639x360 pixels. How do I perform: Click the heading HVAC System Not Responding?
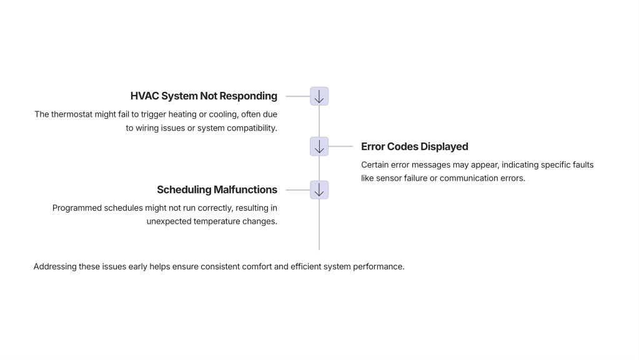(x=204, y=96)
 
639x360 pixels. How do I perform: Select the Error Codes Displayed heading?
(x=415, y=147)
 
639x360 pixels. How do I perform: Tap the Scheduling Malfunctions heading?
(x=217, y=190)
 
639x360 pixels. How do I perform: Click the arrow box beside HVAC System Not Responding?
(x=319, y=96)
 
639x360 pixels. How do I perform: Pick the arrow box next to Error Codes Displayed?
(x=319, y=146)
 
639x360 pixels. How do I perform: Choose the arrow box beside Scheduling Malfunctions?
(x=319, y=190)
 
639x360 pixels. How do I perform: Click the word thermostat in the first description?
(x=72, y=114)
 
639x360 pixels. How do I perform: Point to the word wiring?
(x=147, y=128)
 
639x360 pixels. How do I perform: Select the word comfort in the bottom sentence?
(x=257, y=267)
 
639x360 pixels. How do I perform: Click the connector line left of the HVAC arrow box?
(x=298, y=96)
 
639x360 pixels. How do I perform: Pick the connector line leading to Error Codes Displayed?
(x=340, y=146)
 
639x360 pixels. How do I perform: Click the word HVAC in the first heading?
(x=144, y=96)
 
